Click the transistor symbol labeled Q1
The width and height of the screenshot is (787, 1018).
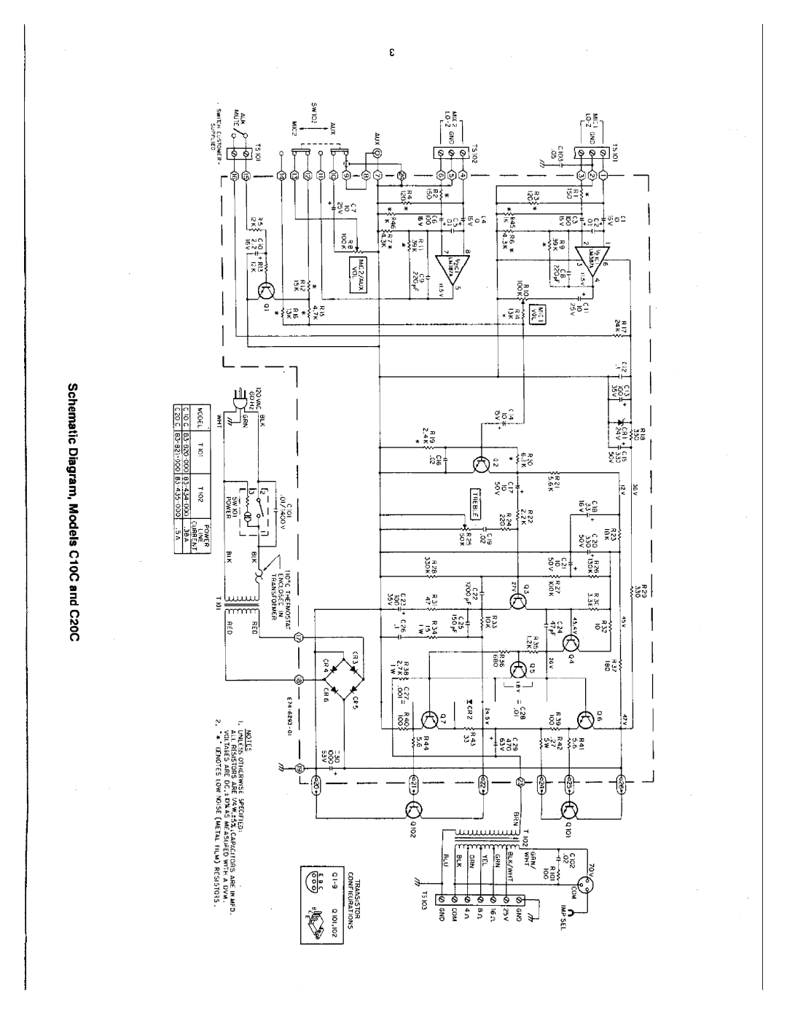(266, 291)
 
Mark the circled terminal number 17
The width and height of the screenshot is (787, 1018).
(299, 637)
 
